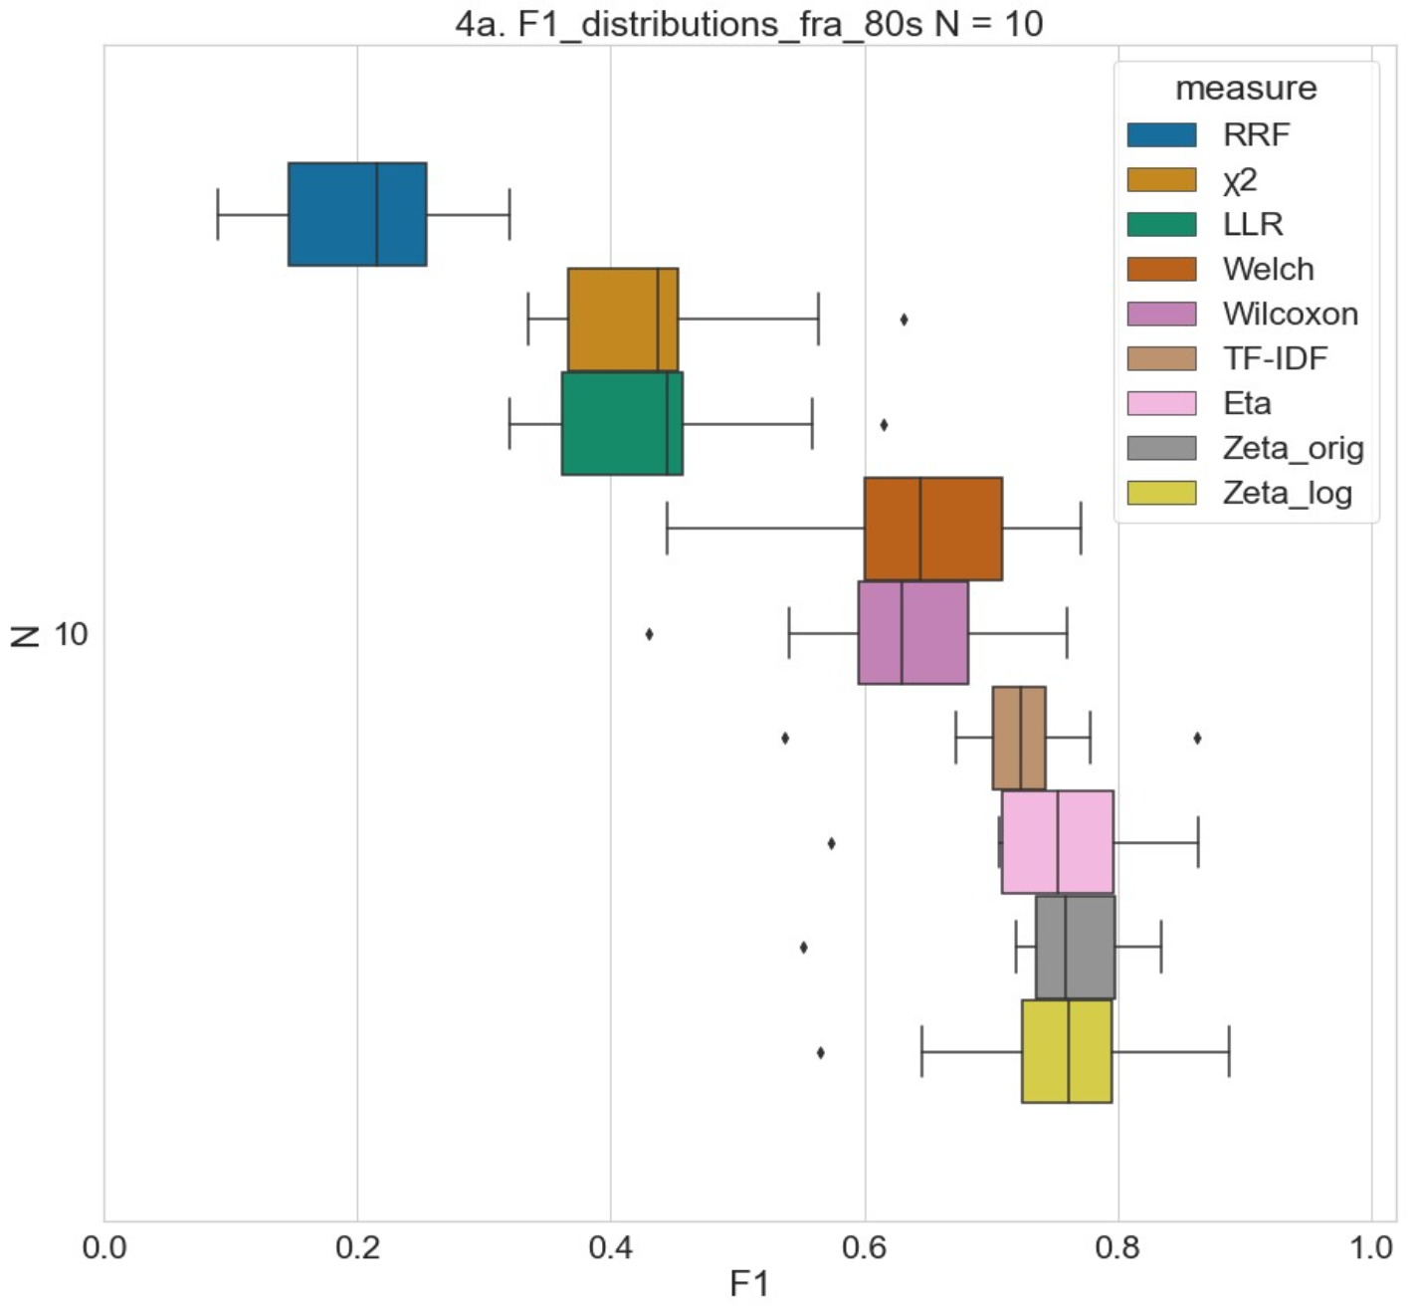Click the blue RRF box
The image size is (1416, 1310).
[x=356, y=214]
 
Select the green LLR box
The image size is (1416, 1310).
[x=622, y=423]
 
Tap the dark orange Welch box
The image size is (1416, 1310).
[x=932, y=529]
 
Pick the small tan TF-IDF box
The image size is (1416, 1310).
[x=1018, y=738]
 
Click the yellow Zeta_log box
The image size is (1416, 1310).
[x=1066, y=1051]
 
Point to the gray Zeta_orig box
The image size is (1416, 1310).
[x=1075, y=947]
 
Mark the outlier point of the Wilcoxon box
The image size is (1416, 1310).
[x=649, y=634]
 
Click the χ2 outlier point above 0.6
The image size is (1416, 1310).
[x=904, y=320]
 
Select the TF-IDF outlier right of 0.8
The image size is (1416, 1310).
[x=1197, y=738]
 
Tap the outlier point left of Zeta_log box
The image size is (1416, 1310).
[x=820, y=1052]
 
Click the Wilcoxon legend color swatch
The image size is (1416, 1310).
[x=1161, y=314]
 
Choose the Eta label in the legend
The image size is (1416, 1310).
[x=1247, y=403]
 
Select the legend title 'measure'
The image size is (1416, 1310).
[x=1246, y=89]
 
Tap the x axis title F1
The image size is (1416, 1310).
[x=749, y=1284]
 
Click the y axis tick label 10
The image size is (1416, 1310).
[x=71, y=634]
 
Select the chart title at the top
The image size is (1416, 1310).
[x=748, y=23]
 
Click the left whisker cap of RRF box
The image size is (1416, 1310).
[x=218, y=214]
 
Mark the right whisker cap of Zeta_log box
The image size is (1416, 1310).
[x=1229, y=1051]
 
